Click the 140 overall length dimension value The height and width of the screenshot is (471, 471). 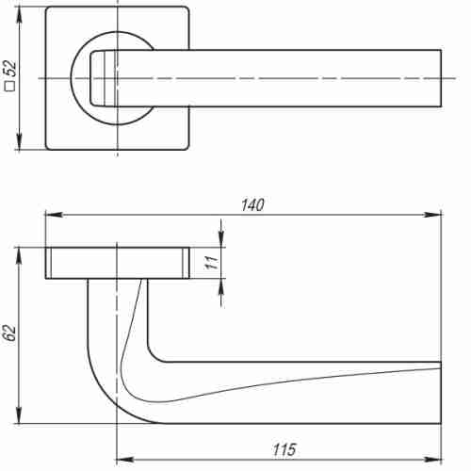tap(252, 205)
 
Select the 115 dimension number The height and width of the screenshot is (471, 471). tap(283, 450)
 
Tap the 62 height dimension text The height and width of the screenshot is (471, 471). tap(10, 333)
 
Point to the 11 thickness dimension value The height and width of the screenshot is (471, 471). tap(211, 264)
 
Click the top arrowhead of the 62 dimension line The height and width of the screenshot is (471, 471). tap(19, 252)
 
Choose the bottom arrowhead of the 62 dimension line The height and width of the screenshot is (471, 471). tap(19, 419)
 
